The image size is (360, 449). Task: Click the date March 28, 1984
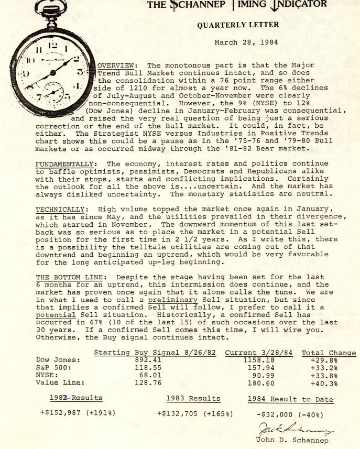pyautogui.click(x=246, y=42)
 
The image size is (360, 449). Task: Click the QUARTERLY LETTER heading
pyautogui.click(x=238, y=25)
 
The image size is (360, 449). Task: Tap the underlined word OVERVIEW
pyautogui.click(x=117, y=65)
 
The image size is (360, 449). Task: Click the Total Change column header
pyautogui.click(x=329, y=353)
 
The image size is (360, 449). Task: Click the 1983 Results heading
pyautogui.click(x=192, y=399)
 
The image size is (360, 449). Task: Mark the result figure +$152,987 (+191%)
pyautogui.click(x=78, y=413)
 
